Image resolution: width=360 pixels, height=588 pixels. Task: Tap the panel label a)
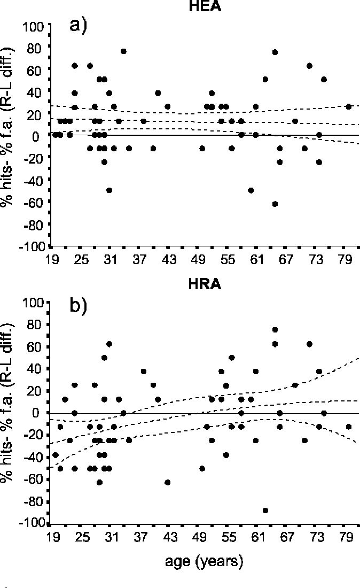point(79,25)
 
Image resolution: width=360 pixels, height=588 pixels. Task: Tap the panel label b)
point(79,309)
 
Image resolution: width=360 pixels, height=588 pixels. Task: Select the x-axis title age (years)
point(204,561)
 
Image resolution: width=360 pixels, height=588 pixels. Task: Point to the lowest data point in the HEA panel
point(275,204)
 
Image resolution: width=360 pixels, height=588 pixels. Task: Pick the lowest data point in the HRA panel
point(265,510)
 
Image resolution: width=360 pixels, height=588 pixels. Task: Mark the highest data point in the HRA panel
point(275,329)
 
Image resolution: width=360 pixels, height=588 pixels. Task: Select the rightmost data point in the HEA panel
point(349,106)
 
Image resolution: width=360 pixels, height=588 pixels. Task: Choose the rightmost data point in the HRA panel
point(349,427)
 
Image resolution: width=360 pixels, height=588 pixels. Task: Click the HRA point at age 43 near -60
point(167,482)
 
